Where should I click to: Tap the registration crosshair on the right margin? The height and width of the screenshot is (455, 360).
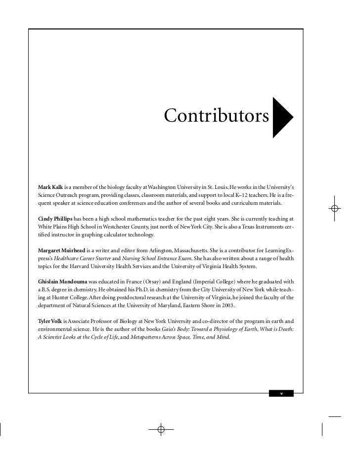pyautogui.click(x=335, y=208)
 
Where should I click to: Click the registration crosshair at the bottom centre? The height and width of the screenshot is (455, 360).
pyautogui.click(x=161, y=429)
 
